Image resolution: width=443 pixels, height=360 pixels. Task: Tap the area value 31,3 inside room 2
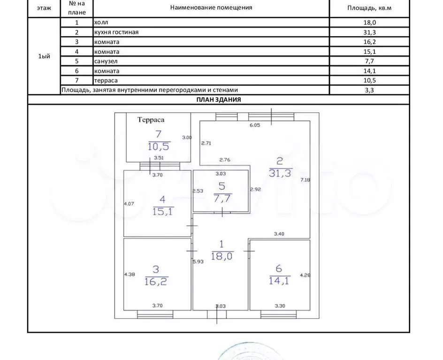point(281,174)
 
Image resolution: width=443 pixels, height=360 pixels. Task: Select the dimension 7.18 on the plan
point(306,180)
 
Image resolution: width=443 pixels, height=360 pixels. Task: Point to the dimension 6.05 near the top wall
point(255,125)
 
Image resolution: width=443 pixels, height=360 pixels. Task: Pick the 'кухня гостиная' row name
point(116,32)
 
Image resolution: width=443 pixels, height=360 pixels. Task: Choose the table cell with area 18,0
point(369,22)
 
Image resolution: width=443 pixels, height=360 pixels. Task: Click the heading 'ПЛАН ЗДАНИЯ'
point(218,100)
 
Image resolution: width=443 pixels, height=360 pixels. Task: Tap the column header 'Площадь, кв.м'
point(369,8)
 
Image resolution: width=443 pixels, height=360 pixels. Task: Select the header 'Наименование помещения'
point(211,8)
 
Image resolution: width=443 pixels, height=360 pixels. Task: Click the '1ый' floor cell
point(44,56)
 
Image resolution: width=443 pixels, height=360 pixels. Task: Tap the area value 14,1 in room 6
point(279,282)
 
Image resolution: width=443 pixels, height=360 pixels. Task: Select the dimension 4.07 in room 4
point(129,204)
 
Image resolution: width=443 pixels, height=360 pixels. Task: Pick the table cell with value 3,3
point(369,90)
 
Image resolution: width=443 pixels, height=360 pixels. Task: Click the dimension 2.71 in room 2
point(206,143)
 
